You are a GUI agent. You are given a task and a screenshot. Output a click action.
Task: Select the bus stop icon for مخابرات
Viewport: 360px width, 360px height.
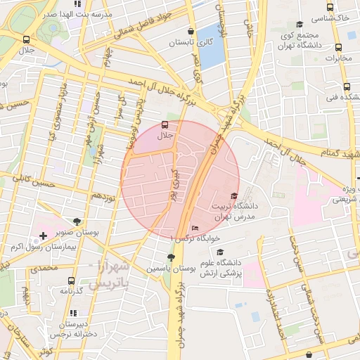[339, 48]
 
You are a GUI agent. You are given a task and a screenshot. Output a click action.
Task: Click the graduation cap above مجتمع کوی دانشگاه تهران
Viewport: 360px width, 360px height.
[299, 25]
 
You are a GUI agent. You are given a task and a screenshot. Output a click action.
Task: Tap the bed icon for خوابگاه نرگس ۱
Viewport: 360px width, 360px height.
[195, 229]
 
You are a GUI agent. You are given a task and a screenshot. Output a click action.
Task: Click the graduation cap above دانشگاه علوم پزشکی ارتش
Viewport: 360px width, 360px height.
[220, 252]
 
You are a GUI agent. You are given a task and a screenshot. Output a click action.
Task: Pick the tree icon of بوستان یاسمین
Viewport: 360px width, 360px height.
[171, 257]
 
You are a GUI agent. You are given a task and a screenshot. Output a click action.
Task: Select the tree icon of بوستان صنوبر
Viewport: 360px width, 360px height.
[77, 221]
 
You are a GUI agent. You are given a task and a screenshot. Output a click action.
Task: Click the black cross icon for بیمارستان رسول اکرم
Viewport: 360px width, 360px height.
[44, 234]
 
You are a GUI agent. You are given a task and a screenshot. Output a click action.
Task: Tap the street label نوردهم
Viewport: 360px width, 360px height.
[103, 195]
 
